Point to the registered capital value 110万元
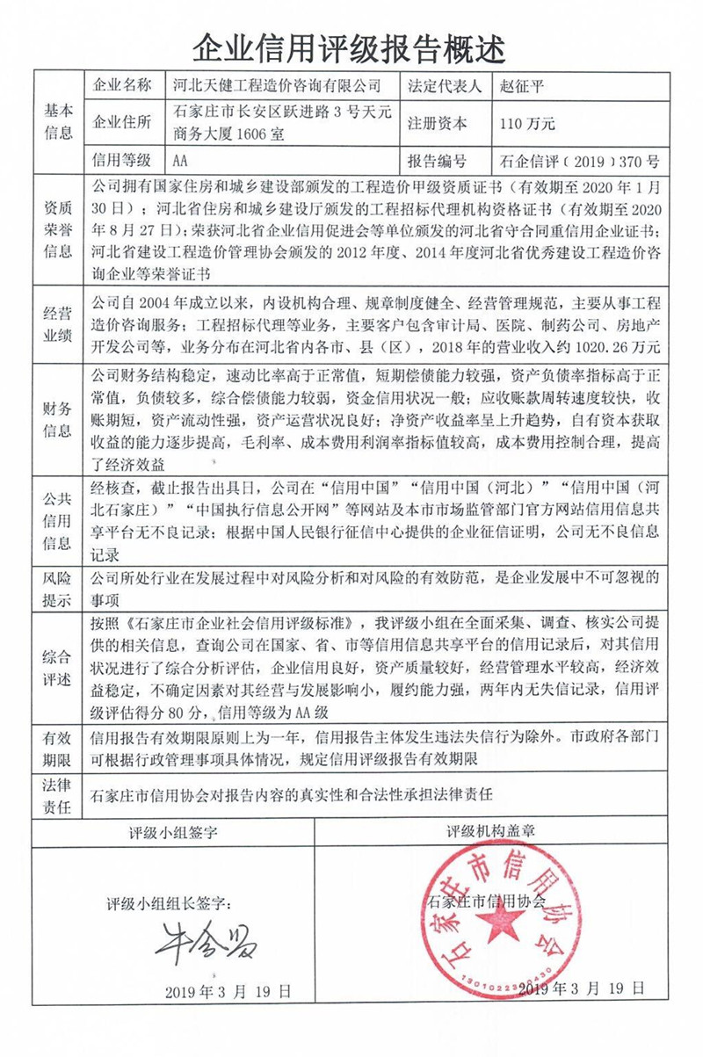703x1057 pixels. point(526,124)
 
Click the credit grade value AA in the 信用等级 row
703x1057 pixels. point(181,161)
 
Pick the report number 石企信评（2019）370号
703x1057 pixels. point(576,162)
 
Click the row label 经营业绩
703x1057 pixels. point(59,324)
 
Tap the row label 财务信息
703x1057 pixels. point(59,418)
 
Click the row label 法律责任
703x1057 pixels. point(59,795)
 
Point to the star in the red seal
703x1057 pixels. point(506,922)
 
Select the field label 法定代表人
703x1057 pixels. point(445,86)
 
